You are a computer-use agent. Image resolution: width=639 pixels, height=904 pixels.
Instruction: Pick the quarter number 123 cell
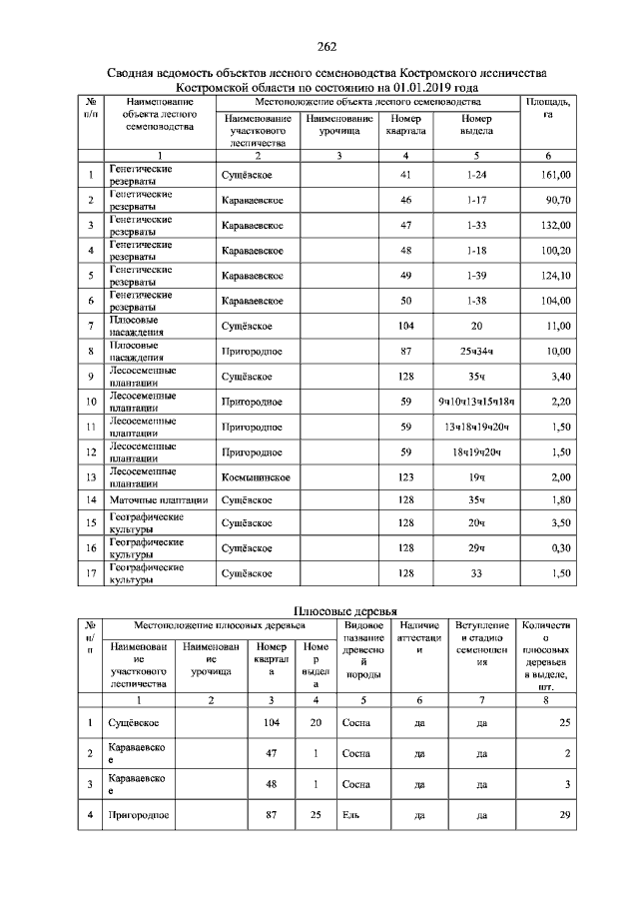point(405,478)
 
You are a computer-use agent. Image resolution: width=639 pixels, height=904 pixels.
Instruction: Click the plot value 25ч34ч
point(475,352)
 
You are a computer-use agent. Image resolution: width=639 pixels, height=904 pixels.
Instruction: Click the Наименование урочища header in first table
point(339,125)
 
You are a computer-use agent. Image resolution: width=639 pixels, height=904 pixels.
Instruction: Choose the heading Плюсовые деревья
point(344,610)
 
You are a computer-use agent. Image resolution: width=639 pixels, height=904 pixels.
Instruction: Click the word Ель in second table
point(349,816)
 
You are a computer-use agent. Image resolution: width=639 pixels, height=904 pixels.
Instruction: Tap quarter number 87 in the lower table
point(270,816)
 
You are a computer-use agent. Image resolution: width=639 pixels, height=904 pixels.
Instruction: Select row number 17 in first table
point(90,573)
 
